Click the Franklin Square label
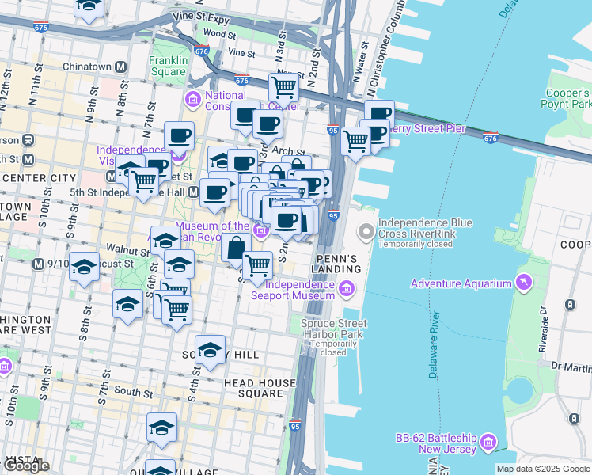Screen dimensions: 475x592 (168, 66)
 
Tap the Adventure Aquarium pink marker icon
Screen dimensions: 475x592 (523, 283)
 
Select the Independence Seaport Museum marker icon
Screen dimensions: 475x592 (346, 291)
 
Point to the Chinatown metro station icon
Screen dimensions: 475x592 (122, 66)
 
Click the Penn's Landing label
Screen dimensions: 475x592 (339, 264)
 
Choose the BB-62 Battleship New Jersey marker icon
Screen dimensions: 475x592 (488, 441)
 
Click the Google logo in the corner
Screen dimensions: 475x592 (26, 465)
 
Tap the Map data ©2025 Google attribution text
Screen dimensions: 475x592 (543, 469)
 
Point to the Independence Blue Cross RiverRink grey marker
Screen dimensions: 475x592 (366, 233)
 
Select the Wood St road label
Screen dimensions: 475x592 (219, 34)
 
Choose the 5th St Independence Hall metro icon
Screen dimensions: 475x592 (181, 191)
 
